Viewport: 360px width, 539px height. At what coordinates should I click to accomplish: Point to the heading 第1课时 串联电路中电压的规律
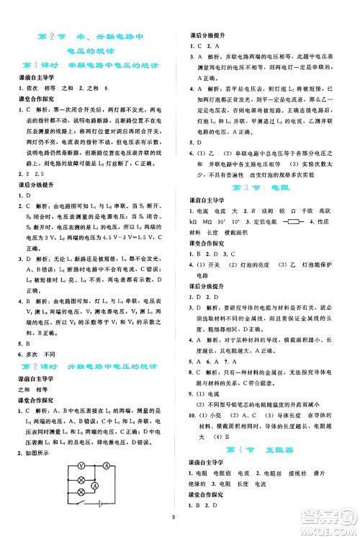coord(94,66)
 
